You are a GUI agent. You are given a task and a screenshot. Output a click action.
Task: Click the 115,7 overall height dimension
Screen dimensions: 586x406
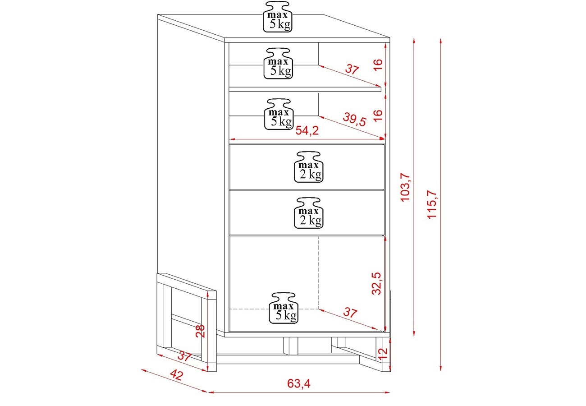432,204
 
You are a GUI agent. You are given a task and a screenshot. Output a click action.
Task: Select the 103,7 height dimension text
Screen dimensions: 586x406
406,187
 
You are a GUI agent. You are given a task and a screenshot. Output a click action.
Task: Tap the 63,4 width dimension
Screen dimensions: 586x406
299,383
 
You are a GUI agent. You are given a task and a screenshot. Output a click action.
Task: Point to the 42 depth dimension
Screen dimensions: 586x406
177,375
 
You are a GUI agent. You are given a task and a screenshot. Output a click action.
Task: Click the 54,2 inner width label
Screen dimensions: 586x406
307,131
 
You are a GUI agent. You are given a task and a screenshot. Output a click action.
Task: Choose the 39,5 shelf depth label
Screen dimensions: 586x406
354,120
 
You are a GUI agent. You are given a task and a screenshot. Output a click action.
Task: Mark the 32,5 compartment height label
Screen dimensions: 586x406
377,283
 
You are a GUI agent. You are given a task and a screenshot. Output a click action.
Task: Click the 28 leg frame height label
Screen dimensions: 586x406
200,331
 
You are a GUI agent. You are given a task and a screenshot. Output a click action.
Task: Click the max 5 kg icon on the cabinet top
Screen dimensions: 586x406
278,17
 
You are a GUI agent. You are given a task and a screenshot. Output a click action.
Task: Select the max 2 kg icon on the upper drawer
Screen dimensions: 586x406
309,167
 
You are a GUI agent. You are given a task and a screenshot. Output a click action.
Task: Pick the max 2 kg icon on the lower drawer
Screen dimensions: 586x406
309,213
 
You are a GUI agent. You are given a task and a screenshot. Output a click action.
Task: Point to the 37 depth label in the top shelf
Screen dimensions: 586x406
352,69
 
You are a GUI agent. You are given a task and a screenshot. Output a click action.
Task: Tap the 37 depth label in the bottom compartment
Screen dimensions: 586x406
350,313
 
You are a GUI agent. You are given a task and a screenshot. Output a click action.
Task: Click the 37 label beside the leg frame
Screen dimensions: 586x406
184,356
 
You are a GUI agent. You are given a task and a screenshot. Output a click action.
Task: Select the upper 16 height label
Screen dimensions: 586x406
378,65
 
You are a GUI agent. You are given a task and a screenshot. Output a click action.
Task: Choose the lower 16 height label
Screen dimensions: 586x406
378,115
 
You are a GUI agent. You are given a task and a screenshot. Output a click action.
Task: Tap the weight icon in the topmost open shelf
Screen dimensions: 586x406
279,63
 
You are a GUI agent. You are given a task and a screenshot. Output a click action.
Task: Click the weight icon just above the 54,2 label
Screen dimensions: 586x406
279,114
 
